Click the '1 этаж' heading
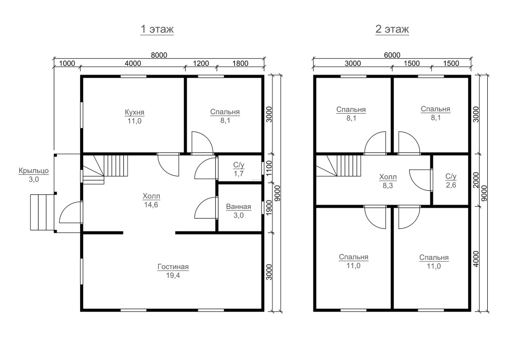pos(157,29)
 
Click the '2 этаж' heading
pos(392,29)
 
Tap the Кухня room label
pos(134,113)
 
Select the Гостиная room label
pos(173,267)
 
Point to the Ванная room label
pos(238,207)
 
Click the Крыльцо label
pos(34,171)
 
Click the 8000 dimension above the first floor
pos(159,55)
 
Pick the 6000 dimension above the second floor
pos(392,55)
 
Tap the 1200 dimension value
pos(200,63)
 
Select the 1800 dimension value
pos(240,63)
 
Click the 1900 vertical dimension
pos(269,208)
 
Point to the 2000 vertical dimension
pos(476,180)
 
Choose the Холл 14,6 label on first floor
pos(151,201)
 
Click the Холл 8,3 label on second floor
pos(388,182)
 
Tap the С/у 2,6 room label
pos(451,181)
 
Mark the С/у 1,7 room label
pos(238,169)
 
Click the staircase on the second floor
pos(338,166)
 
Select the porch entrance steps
pos(42,212)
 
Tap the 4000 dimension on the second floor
pos(476,259)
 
